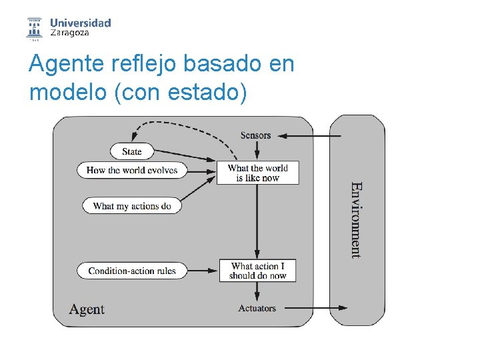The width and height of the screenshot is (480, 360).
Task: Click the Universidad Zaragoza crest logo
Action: coord(33,28)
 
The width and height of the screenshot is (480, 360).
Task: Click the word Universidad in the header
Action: coord(81,23)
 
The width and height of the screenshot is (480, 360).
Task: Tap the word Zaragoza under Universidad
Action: coord(70,33)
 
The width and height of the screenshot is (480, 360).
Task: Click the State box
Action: coord(132,151)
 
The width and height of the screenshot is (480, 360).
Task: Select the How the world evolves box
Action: coord(132,170)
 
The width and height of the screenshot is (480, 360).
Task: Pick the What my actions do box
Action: coord(132,206)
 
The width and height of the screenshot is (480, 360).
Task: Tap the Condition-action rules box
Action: coord(132,271)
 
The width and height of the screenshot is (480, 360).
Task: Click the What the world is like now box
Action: coord(258,173)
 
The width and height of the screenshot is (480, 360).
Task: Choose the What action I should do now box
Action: coord(258,271)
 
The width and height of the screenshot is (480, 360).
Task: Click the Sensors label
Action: coord(256,135)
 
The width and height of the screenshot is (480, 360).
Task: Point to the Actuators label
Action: coord(257,308)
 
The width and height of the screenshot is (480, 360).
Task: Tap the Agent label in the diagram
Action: coord(87,309)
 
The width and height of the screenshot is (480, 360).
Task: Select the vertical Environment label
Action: coord(357,220)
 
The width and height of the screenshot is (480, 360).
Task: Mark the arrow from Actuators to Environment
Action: coord(313,308)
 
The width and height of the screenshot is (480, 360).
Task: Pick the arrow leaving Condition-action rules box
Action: coord(203,271)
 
